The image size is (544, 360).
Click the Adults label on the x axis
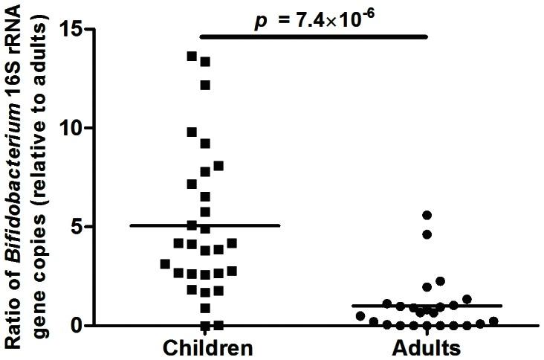(x=427, y=348)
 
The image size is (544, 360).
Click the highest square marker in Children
(x=192, y=56)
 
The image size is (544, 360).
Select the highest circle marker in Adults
(x=427, y=215)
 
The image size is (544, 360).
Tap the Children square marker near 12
(x=205, y=85)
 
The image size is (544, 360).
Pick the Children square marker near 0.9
(x=205, y=308)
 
